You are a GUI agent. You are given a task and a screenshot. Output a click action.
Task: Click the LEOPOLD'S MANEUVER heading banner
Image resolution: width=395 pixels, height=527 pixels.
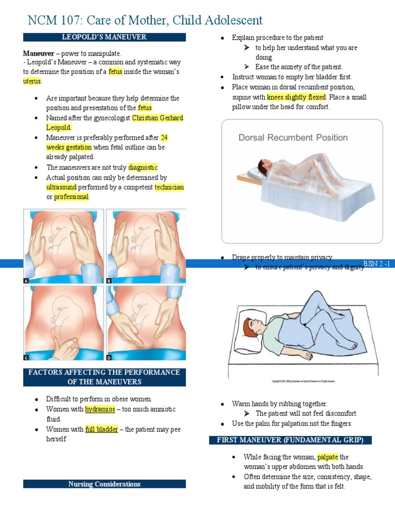(x=104, y=37)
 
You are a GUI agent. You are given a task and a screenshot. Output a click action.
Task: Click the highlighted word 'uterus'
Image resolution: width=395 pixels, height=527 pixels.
(x=32, y=81)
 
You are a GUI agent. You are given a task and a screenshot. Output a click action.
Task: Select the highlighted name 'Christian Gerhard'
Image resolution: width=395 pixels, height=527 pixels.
(x=157, y=118)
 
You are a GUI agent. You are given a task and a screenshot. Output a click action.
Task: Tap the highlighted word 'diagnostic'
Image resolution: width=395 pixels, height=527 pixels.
(x=143, y=167)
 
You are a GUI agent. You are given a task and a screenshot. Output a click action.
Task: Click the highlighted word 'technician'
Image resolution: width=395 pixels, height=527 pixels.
(x=169, y=187)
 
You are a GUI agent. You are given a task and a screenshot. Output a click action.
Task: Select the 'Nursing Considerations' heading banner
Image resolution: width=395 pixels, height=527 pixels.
(x=104, y=484)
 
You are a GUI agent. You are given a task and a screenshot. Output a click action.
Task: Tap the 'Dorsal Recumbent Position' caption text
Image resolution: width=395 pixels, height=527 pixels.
(x=293, y=137)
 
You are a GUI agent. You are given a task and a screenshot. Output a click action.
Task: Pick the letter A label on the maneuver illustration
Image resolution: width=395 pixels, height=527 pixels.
(x=26, y=281)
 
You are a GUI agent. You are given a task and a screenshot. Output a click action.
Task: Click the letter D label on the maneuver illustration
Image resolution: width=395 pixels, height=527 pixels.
(x=109, y=357)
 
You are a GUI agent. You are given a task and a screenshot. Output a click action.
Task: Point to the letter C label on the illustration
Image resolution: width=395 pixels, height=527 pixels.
(x=26, y=357)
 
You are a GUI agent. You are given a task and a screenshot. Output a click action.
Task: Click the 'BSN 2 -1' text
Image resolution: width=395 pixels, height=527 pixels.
(x=377, y=263)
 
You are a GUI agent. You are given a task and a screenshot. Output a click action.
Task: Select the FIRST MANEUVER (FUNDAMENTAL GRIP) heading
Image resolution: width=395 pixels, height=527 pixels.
(x=290, y=440)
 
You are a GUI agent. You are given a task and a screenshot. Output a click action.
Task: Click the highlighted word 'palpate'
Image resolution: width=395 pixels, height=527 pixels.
(x=328, y=457)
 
